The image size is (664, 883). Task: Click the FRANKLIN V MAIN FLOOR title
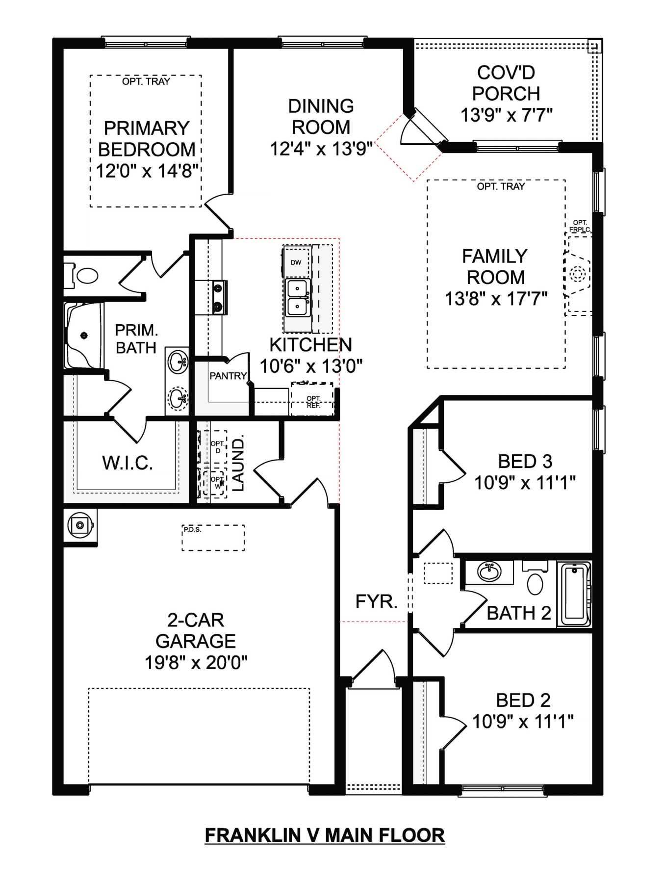click(x=325, y=835)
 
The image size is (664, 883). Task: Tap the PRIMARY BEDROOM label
click(x=147, y=139)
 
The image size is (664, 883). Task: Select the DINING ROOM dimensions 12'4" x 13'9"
click(x=321, y=149)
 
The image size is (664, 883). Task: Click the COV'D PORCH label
click(x=506, y=83)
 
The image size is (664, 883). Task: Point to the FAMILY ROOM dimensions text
click(x=496, y=299)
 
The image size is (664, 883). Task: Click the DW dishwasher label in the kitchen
click(x=296, y=262)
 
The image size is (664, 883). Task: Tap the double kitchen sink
click(x=297, y=298)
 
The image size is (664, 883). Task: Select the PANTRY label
click(x=228, y=376)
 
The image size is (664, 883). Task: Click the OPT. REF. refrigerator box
click(x=312, y=399)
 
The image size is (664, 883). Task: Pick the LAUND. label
click(x=238, y=464)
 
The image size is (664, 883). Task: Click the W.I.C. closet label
click(x=128, y=463)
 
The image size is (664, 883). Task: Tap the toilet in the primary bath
click(x=83, y=275)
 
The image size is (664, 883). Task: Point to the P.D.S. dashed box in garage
click(x=213, y=538)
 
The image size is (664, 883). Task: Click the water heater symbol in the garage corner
click(x=80, y=525)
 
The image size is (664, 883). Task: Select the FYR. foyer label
click(x=376, y=601)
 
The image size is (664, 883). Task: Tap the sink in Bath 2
click(x=489, y=572)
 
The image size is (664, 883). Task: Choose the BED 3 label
click(x=525, y=462)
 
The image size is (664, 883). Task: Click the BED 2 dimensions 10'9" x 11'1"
click(x=523, y=722)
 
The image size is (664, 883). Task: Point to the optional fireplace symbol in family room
click(x=578, y=273)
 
